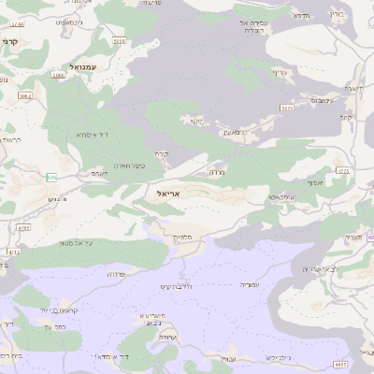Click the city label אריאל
(163, 193)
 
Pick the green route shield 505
(51, 178)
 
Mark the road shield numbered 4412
(14, 252)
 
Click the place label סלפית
(183, 237)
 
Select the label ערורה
(169, 336)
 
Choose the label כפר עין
(52, 327)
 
